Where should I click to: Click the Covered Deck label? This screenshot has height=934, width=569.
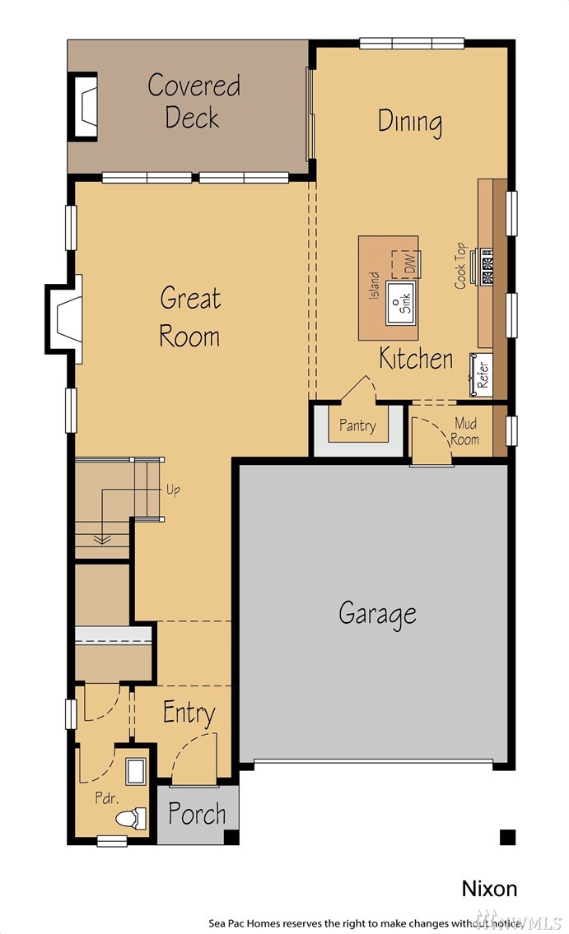tap(194, 101)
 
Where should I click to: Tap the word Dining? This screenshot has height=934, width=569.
tap(410, 122)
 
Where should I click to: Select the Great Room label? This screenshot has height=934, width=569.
tap(190, 317)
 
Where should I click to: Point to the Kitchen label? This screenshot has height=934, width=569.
tap(416, 358)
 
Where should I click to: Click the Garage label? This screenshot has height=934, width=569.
tap(377, 614)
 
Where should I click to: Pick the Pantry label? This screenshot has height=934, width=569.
tap(357, 425)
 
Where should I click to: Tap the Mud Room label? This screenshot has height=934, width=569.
tap(464, 431)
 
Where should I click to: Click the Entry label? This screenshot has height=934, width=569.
tap(189, 713)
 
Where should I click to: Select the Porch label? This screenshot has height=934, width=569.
tap(197, 814)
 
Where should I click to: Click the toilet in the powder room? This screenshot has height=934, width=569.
tap(131, 818)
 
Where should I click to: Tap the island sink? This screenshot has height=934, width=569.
tap(400, 303)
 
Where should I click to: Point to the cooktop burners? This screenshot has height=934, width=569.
tap(487, 267)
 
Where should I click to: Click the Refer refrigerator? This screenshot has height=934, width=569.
tap(481, 374)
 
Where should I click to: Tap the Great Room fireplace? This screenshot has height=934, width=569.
tap(64, 318)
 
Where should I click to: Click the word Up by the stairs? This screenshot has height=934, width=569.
tap(173, 490)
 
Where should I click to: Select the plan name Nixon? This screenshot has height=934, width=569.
tap(489, 888)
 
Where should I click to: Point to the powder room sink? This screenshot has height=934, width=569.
tap(135, 771)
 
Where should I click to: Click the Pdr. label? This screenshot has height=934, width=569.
tap(107, 797)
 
